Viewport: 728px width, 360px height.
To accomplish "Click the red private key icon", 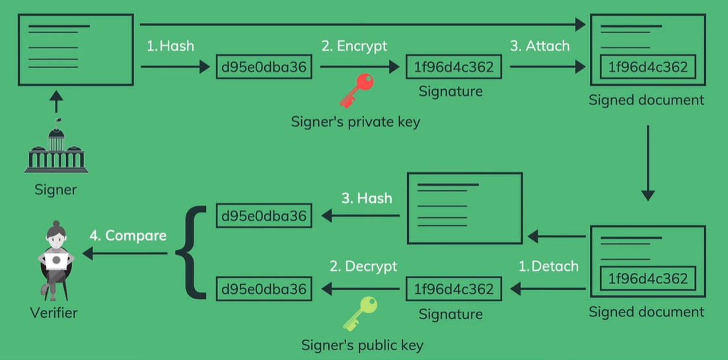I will point(356,90).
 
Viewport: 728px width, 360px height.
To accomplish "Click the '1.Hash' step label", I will point(170,46).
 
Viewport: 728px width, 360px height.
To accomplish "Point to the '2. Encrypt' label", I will point(354,46).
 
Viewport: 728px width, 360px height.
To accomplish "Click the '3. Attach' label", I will point(540,46).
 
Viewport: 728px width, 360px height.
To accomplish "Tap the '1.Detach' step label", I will point(548,266).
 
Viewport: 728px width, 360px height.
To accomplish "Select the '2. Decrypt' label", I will point(363,266).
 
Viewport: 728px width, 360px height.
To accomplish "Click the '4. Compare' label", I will point(128,235).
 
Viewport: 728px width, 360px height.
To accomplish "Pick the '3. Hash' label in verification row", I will point(367,198).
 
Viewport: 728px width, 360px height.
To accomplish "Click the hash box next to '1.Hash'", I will point(264,67).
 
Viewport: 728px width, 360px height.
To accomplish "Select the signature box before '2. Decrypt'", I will point(454,289).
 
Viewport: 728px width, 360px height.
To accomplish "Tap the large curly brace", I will point(191,252).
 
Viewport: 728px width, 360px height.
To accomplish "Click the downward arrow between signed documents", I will point(647,162).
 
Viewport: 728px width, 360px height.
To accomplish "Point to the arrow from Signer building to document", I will point(56,102).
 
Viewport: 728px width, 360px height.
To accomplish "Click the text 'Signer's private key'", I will point(355,122).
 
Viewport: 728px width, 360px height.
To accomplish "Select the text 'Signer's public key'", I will point(362,345).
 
